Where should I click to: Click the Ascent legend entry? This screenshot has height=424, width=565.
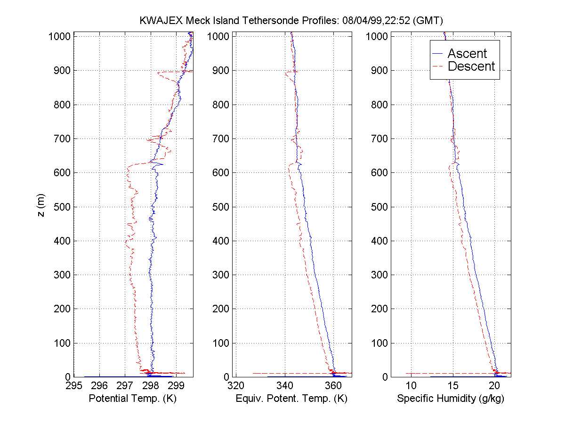[467, 54]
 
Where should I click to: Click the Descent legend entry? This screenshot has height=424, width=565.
[471, 66]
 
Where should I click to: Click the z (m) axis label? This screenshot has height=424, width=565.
[42, 206]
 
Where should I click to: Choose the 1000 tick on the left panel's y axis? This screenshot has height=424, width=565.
[60, 37]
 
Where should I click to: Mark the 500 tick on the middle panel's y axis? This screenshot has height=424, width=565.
[219, 207]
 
